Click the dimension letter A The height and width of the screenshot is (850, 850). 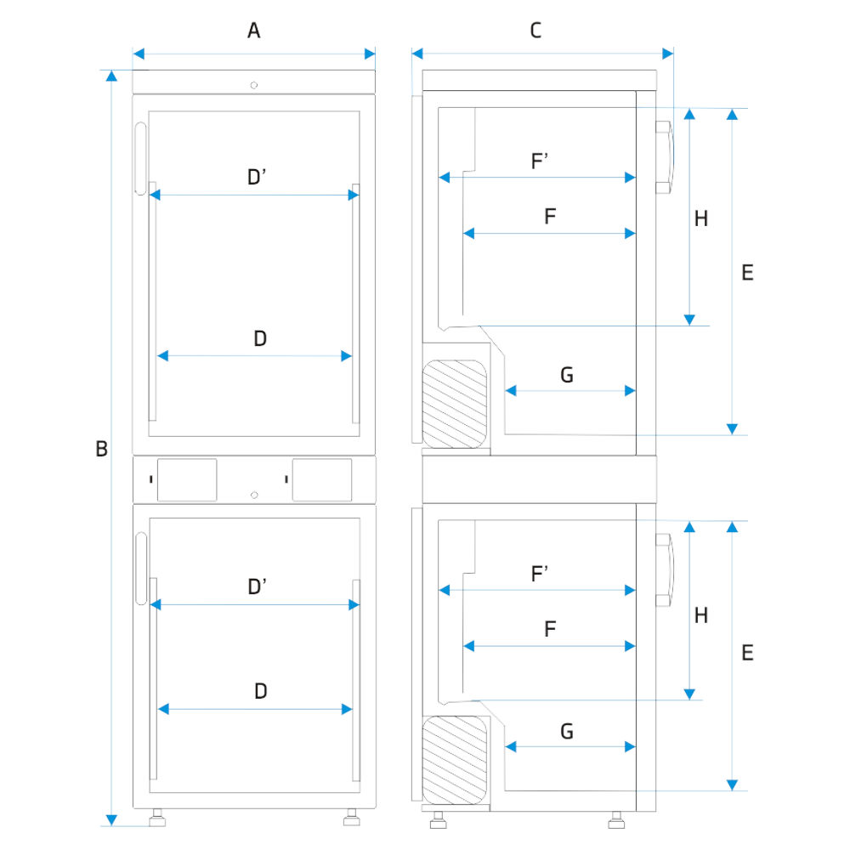click(253, 31)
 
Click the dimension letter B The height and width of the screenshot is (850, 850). click(101, 449)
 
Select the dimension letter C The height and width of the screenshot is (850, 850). click(535, 31)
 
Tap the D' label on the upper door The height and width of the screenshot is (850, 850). click(258, 178)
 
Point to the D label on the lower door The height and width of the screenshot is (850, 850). click(261, 691)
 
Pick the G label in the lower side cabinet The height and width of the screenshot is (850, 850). click(567, 731)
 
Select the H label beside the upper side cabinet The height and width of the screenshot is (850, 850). click(700, 218)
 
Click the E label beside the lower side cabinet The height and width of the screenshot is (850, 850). click(747, 653)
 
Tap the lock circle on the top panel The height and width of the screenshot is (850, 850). click(254, 84)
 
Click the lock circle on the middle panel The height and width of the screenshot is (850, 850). click(254, 495)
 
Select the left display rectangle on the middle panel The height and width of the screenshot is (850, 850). click(187, 479)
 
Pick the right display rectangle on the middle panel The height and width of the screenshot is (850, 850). click(321, 479)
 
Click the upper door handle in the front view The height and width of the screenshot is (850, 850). click(140, 157)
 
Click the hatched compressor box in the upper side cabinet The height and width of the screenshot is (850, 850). click(456, 403)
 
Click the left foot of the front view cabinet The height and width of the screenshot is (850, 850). click(156, 819)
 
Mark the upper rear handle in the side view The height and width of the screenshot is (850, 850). click(664, 157)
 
